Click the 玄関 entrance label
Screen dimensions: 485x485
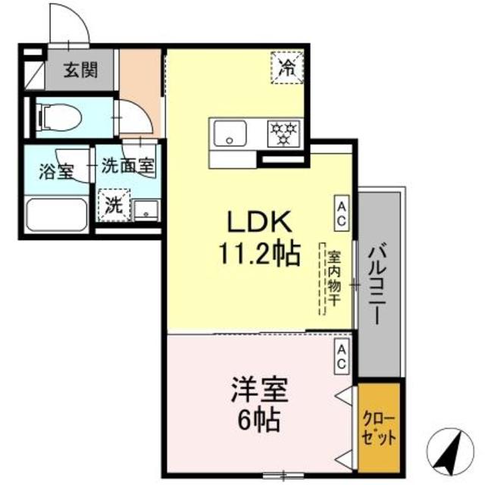80,70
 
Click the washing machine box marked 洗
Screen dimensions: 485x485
112,205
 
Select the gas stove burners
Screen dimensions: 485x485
286,134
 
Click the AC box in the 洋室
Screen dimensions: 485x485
342,357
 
